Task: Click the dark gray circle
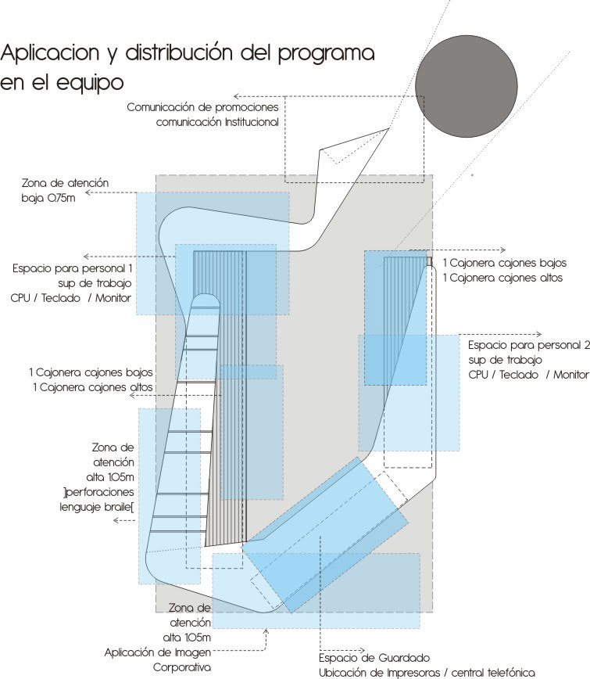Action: [x=467, y=86]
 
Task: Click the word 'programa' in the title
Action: [x=326, y=54]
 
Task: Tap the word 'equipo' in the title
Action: [x=90, y=83]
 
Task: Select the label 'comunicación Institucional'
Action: [x=217, y=122]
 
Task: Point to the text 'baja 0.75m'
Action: [x=48, y=199]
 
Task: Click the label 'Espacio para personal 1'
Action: [x=72, y=269]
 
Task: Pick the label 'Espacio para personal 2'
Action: [x=528, y=346]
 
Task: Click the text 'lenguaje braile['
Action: [x=96, y=508]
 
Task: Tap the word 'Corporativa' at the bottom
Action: [x=181, y=667]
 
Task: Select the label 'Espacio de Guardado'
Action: [x=374, y=658]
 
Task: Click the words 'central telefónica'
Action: [x=493, y=673]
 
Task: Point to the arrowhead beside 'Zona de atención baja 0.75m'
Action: [x=88, y=192]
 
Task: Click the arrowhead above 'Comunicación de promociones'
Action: [x=236, y=96]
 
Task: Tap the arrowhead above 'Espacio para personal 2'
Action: [x=539, y=334]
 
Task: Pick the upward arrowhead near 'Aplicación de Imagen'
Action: [x=266, y=632]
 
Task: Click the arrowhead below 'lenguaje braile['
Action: [x=116, y=520]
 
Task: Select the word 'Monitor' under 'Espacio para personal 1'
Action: [x=113, y=298]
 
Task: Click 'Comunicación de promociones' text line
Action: [x=202, y=107]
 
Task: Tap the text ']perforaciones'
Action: [x=98, y=492]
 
